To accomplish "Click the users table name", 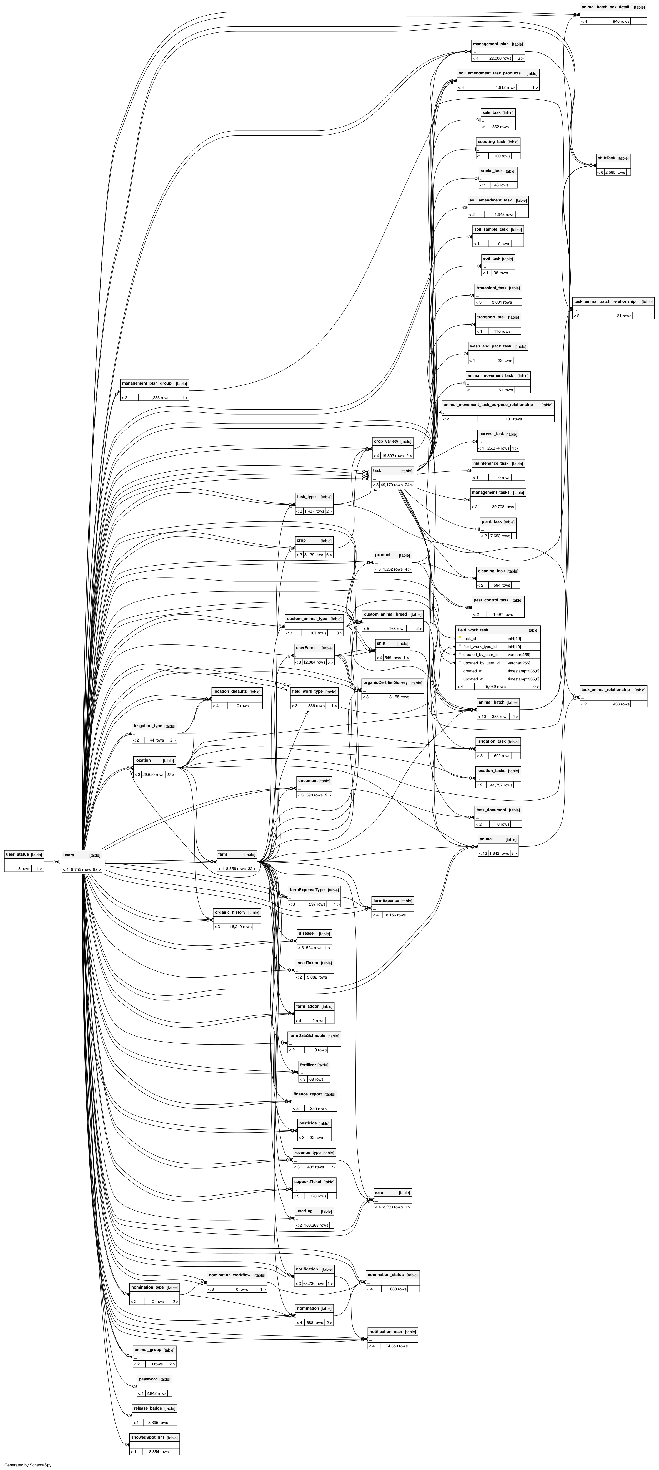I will [x=69, y=855].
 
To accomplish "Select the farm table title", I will [x=223, y=854].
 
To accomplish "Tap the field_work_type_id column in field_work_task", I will [x=480, y=647].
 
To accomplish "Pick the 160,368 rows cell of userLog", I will [x=316, y=1225].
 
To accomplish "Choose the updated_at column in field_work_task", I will [x=473, y=679].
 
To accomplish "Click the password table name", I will [x=148, y=1379].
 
